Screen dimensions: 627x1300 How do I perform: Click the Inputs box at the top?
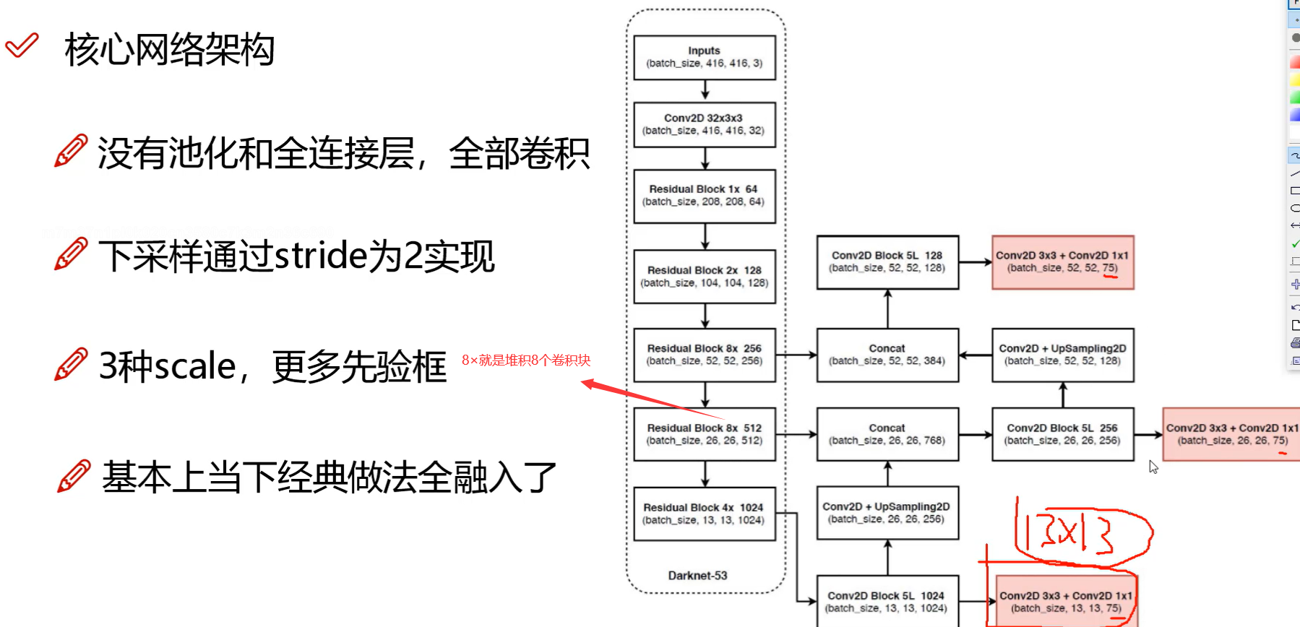[705, 57]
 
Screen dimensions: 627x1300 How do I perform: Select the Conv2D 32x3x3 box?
[705, 124]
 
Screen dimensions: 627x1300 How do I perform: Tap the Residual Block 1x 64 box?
[705, 196]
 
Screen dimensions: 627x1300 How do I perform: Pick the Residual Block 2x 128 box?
[705, 277]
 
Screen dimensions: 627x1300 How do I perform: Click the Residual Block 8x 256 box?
[705, 355]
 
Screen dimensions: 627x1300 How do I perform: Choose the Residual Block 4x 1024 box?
[705, 514]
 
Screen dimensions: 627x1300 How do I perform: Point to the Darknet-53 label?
[697, 576]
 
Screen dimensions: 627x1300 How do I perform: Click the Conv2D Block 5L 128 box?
[887, 261]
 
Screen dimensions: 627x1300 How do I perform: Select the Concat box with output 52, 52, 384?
[887, 355]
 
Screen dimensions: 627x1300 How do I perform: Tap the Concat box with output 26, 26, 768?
[887, 434]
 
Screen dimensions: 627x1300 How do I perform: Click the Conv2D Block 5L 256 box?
[1063, 434]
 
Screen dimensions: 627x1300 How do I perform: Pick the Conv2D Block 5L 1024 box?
[887, 602]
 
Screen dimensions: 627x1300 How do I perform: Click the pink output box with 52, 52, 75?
[1063, 261]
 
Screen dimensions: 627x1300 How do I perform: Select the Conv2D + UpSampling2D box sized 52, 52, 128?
[1063, 355]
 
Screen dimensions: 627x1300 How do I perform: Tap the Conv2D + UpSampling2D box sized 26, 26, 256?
[887, 513]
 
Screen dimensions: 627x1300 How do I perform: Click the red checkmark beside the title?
[22, 46]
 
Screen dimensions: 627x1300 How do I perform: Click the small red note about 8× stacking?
[526, 360]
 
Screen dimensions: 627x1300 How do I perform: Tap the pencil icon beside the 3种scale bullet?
[71, 365]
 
